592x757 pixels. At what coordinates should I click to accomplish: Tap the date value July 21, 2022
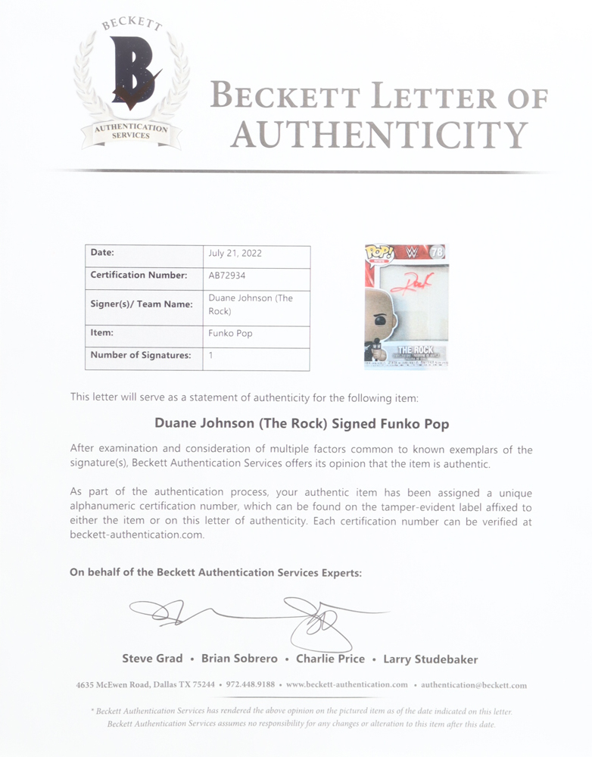[x=235, y=254]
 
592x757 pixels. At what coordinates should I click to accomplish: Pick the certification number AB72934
[x=226, y=276]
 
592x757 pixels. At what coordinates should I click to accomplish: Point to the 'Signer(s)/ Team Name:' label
[x=142, y=304]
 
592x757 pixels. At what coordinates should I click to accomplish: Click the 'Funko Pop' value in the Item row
[x=230, y=333]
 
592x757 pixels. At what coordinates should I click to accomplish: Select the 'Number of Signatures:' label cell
[x=140, y=355]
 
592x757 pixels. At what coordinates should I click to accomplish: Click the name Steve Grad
[x=152, y=659]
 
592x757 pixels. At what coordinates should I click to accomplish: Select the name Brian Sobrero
[x=239, y=659]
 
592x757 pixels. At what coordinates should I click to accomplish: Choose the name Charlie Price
[x=331, y=659]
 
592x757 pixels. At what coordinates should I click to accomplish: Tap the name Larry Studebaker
[x=430, y=659]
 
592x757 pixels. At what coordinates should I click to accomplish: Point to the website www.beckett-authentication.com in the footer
[x=347, y=685]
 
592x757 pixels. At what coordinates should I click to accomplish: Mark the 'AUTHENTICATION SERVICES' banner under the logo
[x=132, y=131]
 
